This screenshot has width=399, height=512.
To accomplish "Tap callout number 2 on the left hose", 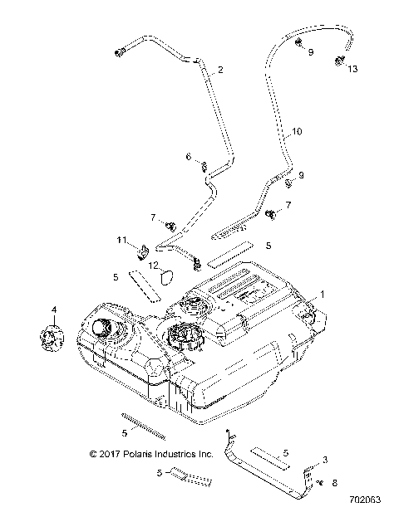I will (x=220, y=70).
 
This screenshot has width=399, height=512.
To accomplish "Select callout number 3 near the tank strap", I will (x=325, y=459).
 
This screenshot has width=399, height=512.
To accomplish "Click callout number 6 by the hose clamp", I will (x=188, y=156).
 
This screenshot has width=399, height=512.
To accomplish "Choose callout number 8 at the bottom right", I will (x=334, y=481).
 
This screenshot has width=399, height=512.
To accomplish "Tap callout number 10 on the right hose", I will (x=297, y=131).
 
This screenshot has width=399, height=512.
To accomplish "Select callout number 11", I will (x=121, y=240).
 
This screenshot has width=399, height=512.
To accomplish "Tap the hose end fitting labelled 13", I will (x=340, y=60).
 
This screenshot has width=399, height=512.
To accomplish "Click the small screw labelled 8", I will (x=318, y=480).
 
